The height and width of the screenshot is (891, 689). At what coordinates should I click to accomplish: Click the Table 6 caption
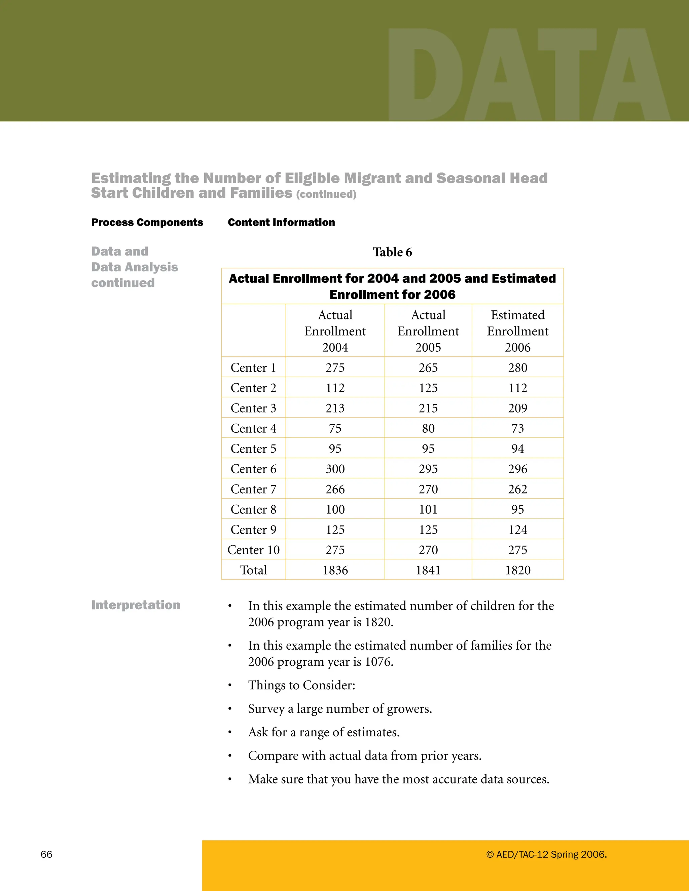click(392, 252)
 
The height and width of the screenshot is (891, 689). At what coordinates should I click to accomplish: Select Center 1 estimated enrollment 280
click(517, 367)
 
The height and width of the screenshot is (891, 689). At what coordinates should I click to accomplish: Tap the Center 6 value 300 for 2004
click(335, 469)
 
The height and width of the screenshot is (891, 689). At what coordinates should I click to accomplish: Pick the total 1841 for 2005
click(428, 570)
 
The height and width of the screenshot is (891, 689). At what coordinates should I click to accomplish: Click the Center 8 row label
click(253, 509)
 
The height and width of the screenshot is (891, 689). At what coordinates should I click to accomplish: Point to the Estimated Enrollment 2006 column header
click(517, 331)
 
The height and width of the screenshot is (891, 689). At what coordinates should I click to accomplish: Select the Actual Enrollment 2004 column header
click(335, 331)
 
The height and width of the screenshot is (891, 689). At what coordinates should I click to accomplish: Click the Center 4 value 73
click(517, 428)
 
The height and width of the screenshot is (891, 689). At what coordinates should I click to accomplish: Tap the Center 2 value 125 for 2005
click(428, 388)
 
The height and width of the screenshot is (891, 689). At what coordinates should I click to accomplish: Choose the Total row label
click(253, 570)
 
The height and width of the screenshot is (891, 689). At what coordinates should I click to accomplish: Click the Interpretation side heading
click(136, 605)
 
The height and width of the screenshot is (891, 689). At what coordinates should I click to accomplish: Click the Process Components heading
click(147, 222)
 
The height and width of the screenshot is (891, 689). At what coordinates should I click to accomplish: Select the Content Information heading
click(281, 222)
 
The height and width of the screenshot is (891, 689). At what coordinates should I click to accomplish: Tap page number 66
click(46, 854)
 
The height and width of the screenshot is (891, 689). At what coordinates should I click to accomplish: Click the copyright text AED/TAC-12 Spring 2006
click(546, 854)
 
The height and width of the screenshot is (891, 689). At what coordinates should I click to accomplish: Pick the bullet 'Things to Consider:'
click(302, 685)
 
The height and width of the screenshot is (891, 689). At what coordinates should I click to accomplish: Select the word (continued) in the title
click(326, 195)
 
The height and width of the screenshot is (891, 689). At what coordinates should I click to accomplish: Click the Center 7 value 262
click(517, 489)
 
